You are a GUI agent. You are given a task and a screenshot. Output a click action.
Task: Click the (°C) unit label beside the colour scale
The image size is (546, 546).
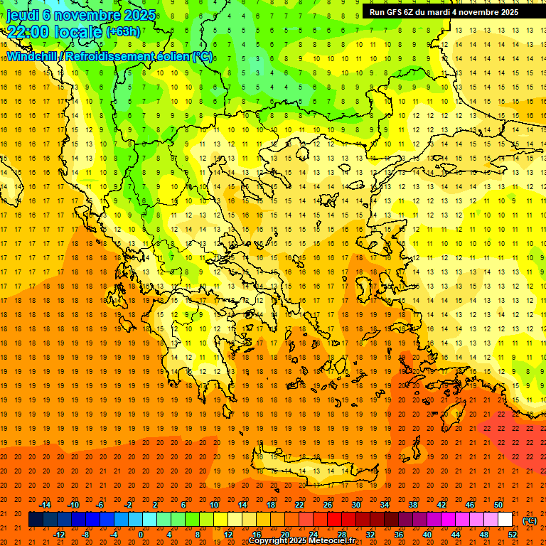(x=530, y=520)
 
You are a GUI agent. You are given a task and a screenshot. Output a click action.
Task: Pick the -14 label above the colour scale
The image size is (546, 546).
(x=45, y=505)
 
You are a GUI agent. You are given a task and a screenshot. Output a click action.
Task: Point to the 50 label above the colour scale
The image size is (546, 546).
(x=498, y=505)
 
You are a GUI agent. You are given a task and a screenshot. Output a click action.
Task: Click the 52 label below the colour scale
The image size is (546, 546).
(x=513, y=535)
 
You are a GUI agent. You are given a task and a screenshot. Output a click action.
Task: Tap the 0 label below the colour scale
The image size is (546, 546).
(x=141, y=535)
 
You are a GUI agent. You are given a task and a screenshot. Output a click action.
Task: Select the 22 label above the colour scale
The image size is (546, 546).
(x=299, y=505)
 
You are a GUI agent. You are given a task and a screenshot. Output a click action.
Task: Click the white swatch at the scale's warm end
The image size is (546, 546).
(x=505, y=520)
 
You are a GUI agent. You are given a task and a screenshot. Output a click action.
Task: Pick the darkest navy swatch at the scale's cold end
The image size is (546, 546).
(x=36, y=520)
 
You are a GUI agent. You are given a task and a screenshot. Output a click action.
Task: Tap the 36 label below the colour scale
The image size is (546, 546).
(x=399, y=535)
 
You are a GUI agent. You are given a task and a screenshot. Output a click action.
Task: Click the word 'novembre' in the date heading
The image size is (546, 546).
(x=85, y=14)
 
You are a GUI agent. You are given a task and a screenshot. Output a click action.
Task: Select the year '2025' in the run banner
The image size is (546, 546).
(x=508, y=12)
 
